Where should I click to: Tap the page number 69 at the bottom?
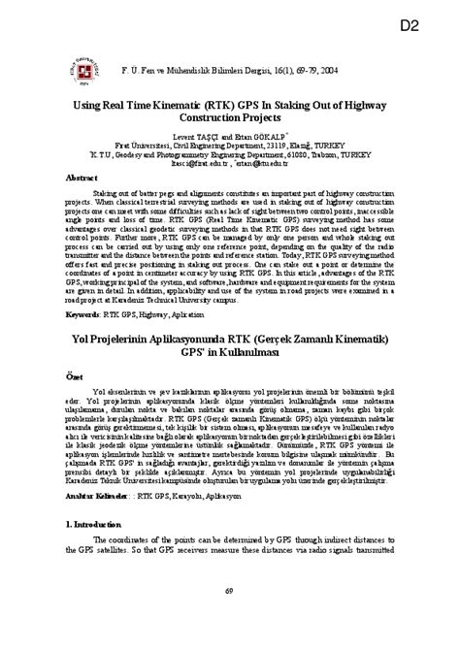[x=230, y=618]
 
